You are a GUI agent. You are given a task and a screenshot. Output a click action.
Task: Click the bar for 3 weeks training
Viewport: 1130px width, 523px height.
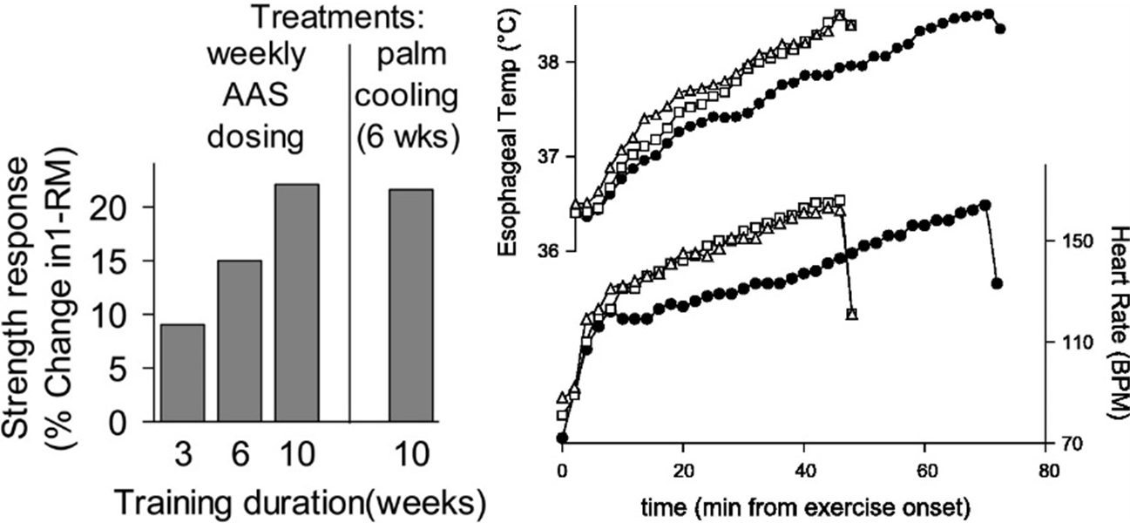coord(182,374)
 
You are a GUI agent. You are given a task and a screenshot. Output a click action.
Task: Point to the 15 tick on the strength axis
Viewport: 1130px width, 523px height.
coord(125,261)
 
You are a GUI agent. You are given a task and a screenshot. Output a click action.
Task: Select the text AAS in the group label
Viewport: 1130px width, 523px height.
coord(256,96)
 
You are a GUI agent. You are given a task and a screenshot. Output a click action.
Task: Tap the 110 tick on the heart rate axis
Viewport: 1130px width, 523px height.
coord(1066,342)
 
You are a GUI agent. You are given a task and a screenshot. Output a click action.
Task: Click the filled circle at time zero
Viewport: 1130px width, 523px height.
coord(562,438)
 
